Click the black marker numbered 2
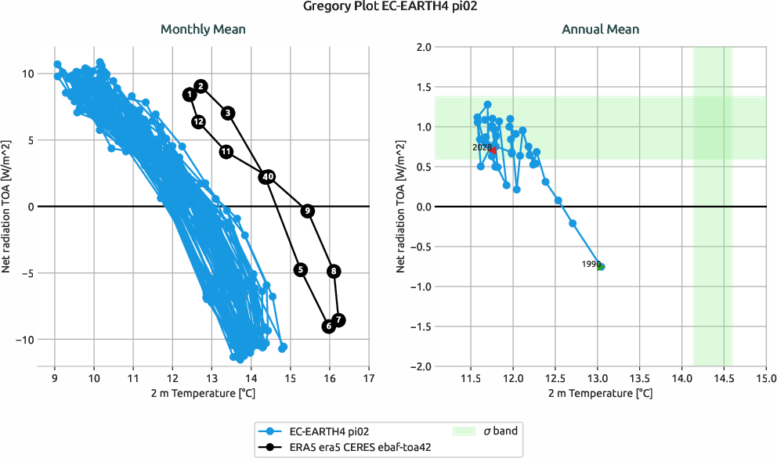coord(201,86)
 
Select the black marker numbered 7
coord(338,319)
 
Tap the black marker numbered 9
coord(307,211)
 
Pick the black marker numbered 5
coord(301,269)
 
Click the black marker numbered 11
coord(226,152)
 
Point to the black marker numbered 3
coord(228,113)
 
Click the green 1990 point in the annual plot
coord(601,266)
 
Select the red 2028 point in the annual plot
coord(493,150)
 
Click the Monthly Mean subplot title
coord(203,30)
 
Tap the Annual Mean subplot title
coord(600,30)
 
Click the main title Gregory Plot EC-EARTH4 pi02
coord(388,7)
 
